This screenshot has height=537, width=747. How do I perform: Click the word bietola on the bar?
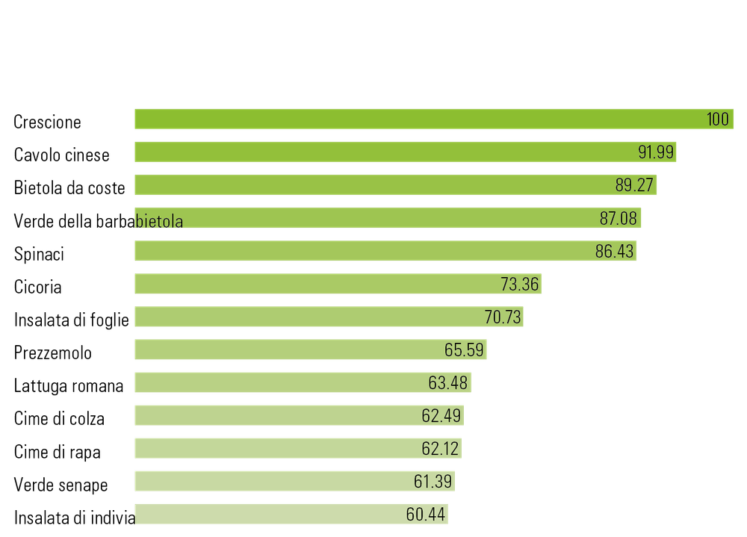coord(159,221)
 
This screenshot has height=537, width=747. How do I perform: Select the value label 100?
coord(717,119)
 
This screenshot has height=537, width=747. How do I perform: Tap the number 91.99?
coord(657,152)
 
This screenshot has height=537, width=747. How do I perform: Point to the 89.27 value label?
coord(637,185)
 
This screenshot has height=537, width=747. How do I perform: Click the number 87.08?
coord(619,218)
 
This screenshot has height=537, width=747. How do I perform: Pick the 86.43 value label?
coord(615,251)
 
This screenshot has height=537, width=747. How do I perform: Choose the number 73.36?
coord(520,284)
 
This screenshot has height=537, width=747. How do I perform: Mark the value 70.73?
coord(503,317)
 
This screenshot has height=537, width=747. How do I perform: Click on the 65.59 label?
coord(465,350)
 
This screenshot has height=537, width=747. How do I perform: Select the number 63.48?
coord(448,383)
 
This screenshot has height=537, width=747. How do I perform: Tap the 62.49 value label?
coord(441,416)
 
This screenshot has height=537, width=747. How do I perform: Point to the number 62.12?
coord(440,449)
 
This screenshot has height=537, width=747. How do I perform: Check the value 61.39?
coord(433,482)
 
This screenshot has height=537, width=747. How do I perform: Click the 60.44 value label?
coord(426,515)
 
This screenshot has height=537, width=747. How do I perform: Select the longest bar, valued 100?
coord(418,119)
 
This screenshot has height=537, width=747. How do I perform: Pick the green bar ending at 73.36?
coord(314,284)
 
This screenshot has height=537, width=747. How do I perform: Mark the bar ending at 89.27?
coord(373,185)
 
